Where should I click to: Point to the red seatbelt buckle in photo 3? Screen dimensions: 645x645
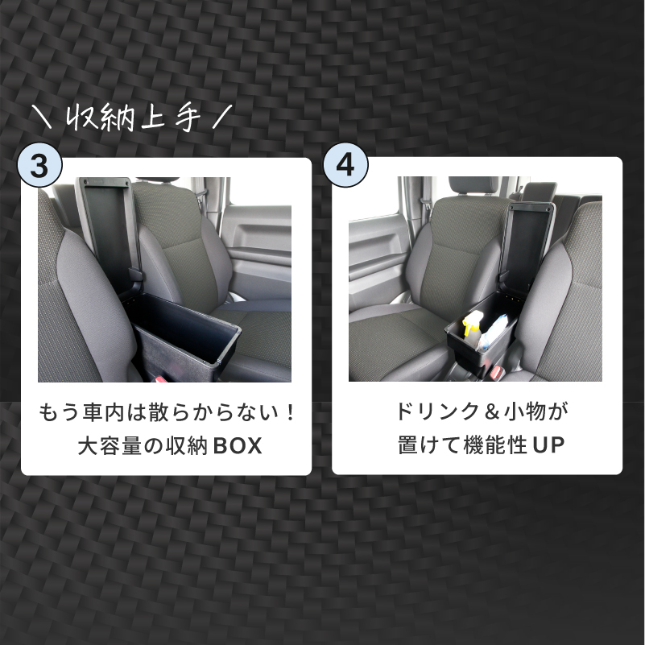tap(160, 377)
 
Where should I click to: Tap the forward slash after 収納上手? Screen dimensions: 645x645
tap(219, 118)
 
